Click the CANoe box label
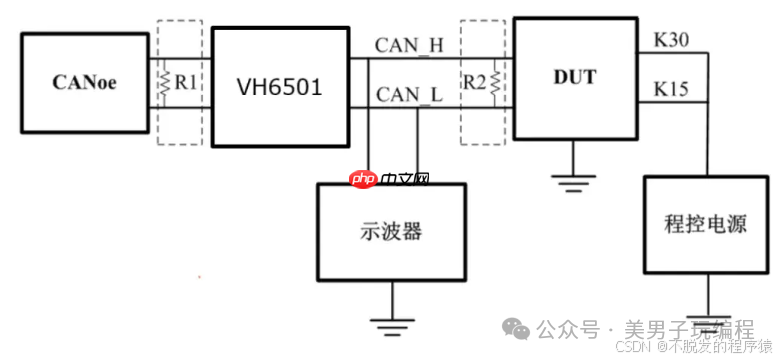tap(85, 83)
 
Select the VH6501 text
tap(279, 87)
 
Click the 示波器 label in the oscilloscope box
tap(390, 231)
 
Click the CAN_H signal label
tap(409, 45)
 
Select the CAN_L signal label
tap(409, 95)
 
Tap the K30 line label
tap(671, 40)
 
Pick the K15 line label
tap(671, 90)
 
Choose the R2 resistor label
tap(474, 82)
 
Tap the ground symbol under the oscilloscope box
tap(391, 323)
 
